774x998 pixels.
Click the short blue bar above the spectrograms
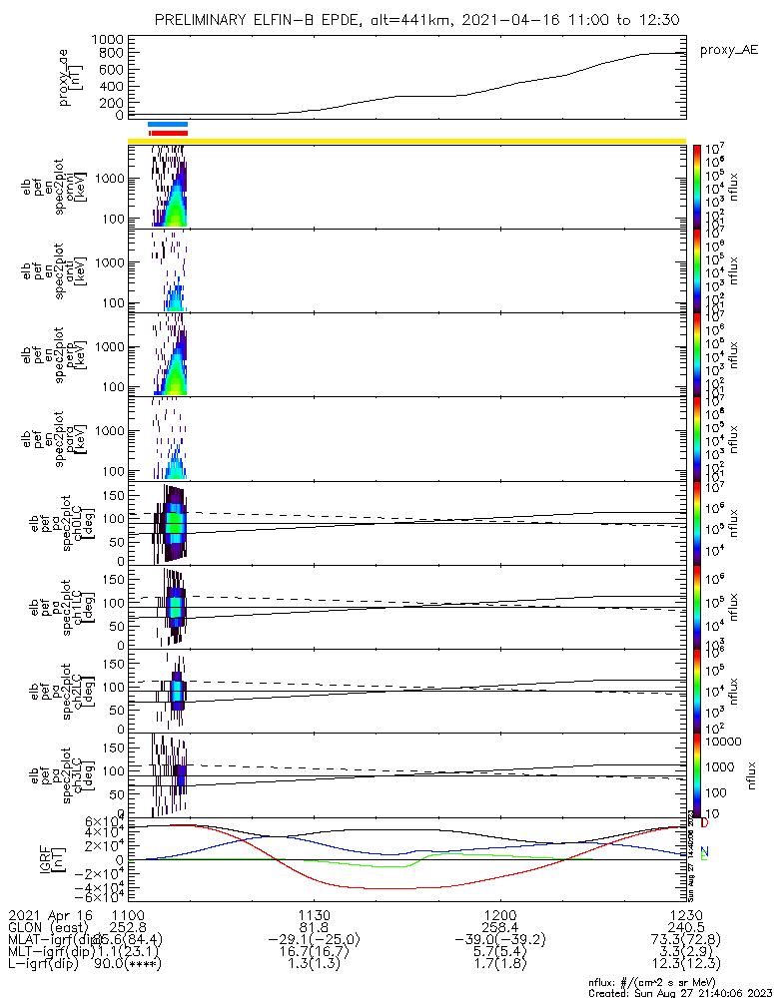click(x=167, y=124)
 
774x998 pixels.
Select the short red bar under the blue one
click(x=168, y=132)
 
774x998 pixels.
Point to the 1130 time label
click(x=315, y=914)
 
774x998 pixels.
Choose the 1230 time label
click(x=685, y=914)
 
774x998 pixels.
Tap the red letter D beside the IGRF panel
click(x=704, y=823)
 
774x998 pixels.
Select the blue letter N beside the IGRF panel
click(x=704, y=851)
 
